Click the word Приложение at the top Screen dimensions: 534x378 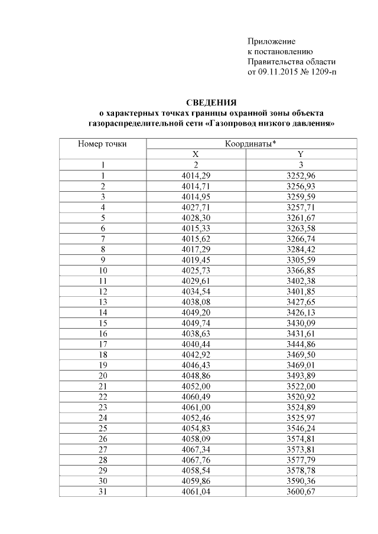tap(271, 42)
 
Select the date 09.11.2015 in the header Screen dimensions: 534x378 tap(279, 72)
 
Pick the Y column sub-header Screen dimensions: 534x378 tap(300, 154)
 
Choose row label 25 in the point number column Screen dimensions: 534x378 tap(103, 427)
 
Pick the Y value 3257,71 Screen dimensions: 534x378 tap(301, 207)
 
